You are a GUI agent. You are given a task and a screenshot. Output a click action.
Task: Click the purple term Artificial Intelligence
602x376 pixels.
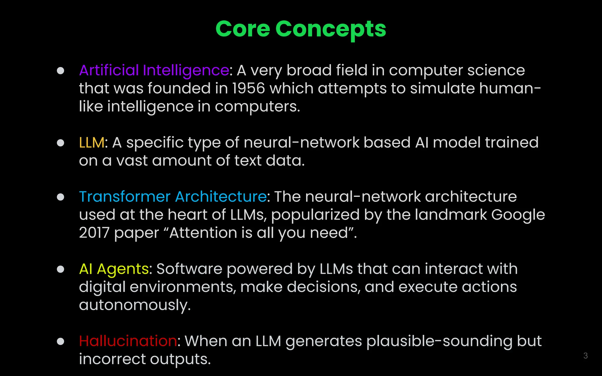[154, 70]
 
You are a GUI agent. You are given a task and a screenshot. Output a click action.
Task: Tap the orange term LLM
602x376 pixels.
[91, 143]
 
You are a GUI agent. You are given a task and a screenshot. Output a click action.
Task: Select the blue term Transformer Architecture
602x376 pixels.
[173, 197]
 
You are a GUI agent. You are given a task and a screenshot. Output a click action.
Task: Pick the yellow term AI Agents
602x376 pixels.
[114, 269]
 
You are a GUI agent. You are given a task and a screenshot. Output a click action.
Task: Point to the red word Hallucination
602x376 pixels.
[128, 341]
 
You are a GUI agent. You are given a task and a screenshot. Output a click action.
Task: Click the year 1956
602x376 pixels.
[248, 88]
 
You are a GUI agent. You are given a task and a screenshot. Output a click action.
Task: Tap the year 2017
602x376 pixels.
[94, 233]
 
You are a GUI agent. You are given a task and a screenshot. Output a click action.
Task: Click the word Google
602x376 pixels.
[518, 215]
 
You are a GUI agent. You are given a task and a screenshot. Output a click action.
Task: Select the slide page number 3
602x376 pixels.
[585, 356]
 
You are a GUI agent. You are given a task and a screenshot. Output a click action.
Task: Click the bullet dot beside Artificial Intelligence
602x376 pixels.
[61, 70]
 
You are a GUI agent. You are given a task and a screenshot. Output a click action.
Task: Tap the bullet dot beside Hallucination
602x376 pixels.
[61, 341]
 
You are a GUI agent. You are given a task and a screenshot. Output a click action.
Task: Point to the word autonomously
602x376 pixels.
[135, 305]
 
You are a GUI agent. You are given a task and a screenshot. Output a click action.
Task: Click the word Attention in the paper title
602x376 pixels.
[203, 233]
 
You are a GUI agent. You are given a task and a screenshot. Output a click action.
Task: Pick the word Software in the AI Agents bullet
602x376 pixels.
[189, 269]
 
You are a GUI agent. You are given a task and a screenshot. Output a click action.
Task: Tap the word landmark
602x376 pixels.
[451, 215]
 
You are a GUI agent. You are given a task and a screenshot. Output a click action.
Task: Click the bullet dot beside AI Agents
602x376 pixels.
[61, 269]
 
